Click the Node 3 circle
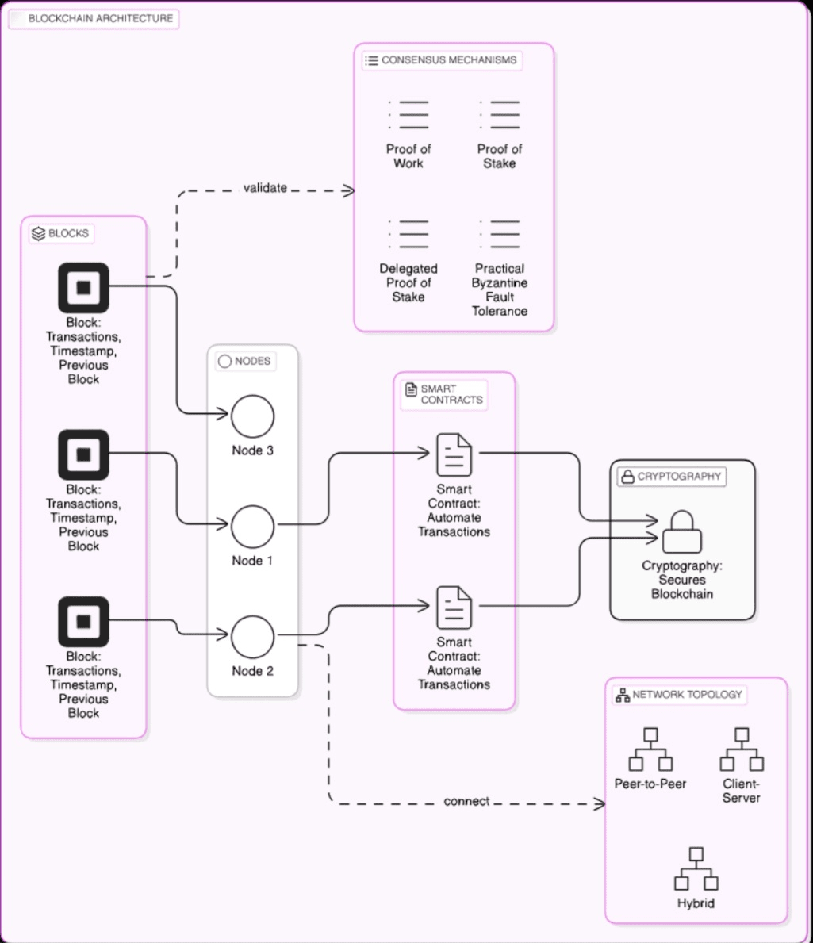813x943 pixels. [x=252, y=416]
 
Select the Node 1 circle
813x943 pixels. [x=252, y=526]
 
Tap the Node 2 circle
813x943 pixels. [x=252, y=636]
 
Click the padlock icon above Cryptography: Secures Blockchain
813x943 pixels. [x=682, y=531]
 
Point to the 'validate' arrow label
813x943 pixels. [x=265, y=188]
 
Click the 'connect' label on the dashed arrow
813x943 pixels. [x=466, y=802]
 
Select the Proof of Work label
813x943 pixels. [x=408, y=156]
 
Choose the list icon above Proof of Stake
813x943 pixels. [x=500, y=115]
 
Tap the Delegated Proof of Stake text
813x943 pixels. [x=408, y=283]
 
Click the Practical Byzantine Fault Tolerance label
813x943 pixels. [x=500, y=290]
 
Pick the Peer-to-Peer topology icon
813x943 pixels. [x=650, y=749]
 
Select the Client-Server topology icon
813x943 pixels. [x=742, y=749]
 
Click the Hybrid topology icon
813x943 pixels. [x=696, y=869]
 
